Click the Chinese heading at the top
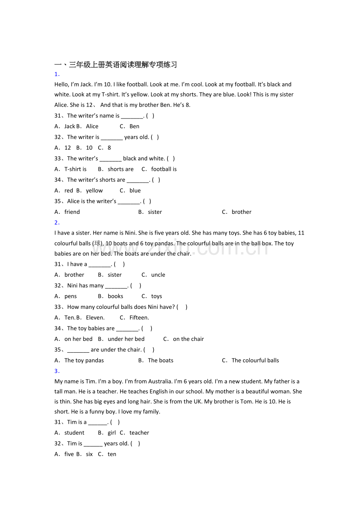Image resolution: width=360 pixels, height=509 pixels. [x=116, y=65]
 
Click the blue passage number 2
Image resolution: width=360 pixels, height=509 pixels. [x=57, y=223]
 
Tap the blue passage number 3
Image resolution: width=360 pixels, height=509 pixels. [x=57, y=371]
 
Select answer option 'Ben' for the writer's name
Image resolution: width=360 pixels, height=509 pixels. [x=134, y=126]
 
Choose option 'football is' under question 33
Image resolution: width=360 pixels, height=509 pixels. [x=164, y=169]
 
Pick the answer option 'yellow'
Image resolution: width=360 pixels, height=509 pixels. [x=94, y=191]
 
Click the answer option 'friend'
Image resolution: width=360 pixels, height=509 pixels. [x=72, y=212]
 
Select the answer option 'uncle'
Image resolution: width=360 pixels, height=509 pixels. [x=158, y=275]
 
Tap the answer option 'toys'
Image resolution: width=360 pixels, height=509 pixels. [x=157, y=296]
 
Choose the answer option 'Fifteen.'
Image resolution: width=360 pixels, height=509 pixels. [x=139, y=317]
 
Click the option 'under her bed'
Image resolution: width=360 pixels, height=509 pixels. [x=126, y=339]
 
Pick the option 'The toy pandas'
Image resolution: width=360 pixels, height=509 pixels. [x=84, y=360]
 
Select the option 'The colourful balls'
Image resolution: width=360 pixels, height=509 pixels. [x=255, y=360]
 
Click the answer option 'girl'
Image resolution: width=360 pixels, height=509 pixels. [x=112, y=433]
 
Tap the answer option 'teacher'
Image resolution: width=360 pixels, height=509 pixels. [x=139, y=433]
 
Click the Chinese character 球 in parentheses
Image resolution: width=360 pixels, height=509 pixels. [x=97, y=243]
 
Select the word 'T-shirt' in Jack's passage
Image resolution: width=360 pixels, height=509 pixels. [x=110, y=94]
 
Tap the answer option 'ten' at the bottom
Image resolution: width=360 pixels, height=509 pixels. [x=112, y=454]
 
